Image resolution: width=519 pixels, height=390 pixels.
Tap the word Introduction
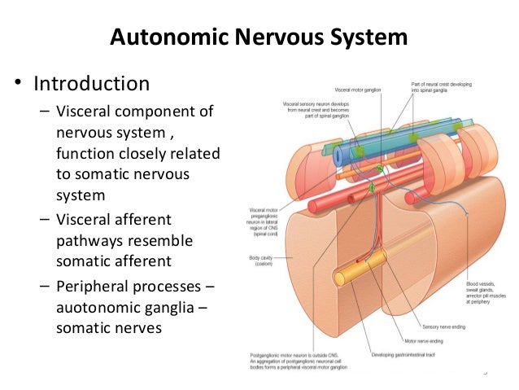click(x=91, y=83)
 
